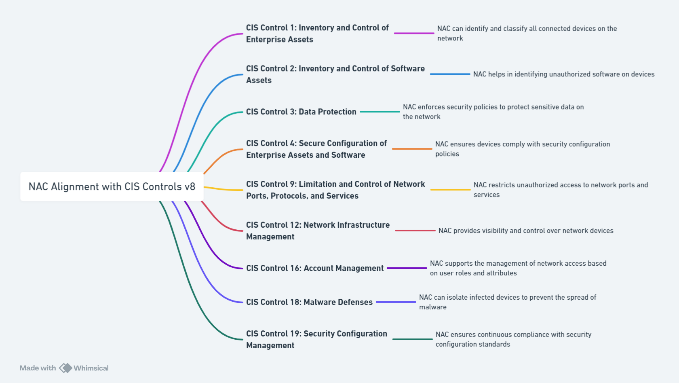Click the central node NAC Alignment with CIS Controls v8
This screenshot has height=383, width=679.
(112, 186)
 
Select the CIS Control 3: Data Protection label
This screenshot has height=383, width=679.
(301, 112)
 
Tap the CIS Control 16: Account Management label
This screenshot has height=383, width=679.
(315, 268)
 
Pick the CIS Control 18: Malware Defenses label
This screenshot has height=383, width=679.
(309, 302)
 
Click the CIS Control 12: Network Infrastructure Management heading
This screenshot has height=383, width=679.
(318, 231)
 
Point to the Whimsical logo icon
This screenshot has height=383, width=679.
(65, 368)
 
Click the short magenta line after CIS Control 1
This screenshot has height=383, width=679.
(414, 33)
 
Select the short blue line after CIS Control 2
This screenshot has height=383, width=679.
(450, 74)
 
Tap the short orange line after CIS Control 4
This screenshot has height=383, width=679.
(412, 149)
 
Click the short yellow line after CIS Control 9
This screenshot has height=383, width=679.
(450, 189)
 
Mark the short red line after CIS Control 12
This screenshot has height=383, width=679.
(415, 231)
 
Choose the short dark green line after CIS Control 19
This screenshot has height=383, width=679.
(412, 339)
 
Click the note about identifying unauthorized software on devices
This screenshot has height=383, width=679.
(563, 74)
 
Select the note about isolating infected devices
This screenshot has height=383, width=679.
(507, 302)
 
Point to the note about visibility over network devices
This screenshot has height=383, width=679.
(525, 231)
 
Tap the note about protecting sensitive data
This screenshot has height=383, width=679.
(493, 112)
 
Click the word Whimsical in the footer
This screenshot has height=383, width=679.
(91, 368)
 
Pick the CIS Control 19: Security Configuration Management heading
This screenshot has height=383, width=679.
(316, 339)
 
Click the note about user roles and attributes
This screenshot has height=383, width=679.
(518, 268)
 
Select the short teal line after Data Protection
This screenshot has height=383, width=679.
(380, 112)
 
